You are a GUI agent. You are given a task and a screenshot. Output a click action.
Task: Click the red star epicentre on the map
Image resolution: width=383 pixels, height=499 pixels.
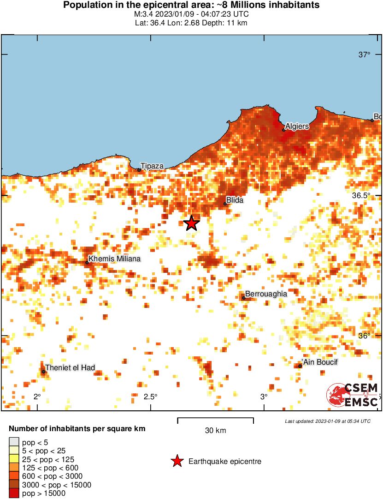(191, 223)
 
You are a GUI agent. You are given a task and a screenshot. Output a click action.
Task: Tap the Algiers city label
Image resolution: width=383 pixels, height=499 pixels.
(297, 126)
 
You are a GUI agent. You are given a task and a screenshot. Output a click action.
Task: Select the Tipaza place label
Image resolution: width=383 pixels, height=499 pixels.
(152, 166)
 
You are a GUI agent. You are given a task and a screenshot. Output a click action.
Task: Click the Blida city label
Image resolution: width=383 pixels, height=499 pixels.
(234, 200)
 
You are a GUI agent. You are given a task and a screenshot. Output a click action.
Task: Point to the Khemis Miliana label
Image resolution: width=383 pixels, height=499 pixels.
(114, 259)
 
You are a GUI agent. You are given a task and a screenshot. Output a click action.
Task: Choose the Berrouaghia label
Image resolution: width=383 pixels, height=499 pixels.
(266, 294)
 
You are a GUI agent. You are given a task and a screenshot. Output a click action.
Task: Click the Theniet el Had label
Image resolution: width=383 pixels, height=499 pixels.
(70, 367)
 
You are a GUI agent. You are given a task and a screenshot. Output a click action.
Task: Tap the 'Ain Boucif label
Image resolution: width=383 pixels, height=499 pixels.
(319, 362)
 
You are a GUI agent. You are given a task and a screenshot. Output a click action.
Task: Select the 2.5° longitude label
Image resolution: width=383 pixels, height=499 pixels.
(150, 397)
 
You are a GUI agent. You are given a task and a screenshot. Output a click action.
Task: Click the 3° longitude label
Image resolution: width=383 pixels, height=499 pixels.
(264, 397)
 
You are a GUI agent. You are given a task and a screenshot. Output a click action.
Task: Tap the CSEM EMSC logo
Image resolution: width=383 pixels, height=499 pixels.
(352, 395)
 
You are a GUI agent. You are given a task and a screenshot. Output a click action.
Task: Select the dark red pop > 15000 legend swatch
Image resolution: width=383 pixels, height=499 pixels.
(14, 493)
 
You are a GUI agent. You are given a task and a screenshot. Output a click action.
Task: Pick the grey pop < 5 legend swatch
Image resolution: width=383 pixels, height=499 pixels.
(14, 442)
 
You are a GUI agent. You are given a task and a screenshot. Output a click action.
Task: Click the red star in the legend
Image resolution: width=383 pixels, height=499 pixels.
(177, 461)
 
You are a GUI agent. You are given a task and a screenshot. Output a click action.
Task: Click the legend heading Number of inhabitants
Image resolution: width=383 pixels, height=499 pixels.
(77, 429)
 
